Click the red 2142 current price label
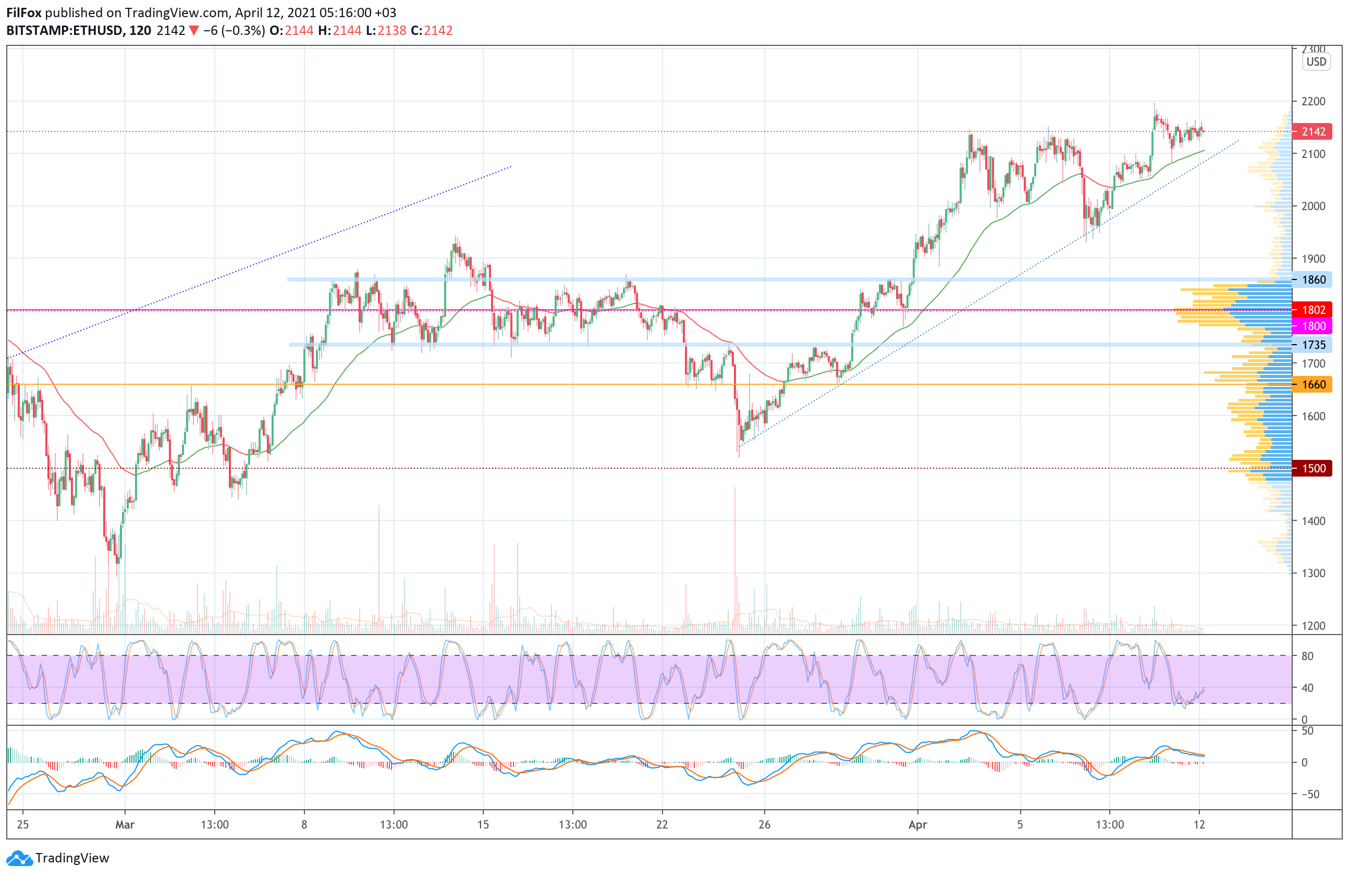coord(1313,131)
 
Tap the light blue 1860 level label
coord(1313,279)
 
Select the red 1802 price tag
coord(1313,310)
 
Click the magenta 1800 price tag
coord(1313,326)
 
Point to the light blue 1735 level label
coord(1313,345)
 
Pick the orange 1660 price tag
coord(1313,384)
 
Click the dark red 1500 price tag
coord(1313,468)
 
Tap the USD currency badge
coord(1316,62)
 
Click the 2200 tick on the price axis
coord(1313,102)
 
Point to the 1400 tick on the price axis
coord(1313,521)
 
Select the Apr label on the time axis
coord(917,824)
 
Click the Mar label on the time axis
coord(125,824)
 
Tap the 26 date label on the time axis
coord(764,824)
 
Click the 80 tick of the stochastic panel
coord(1307,656)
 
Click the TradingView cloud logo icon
coord(20,858)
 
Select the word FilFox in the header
coord(24,13)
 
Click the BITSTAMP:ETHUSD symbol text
coord(65,31)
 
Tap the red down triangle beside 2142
coord(194,31)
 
